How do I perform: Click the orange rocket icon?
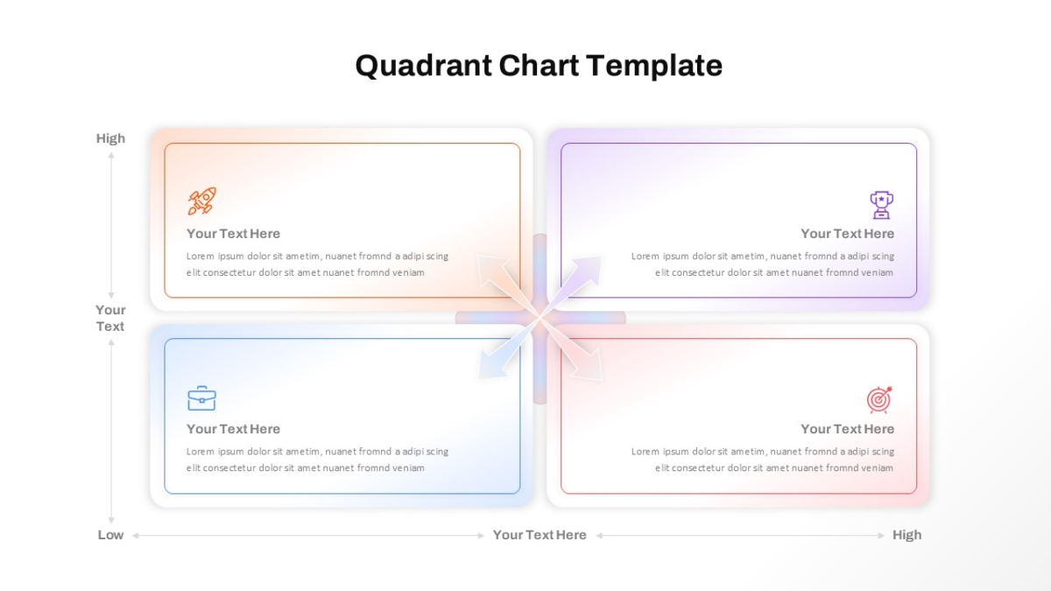point(202,201)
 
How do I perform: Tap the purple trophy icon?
point(881,205)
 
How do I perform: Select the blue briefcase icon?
point(201,398)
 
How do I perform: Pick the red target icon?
point(879,399)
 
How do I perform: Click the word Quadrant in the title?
point(424,66)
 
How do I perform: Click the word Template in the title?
point(654,67)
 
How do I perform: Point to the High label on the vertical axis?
point(110,138)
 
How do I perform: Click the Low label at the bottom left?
point(110,535)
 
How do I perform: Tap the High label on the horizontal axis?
point(907,535)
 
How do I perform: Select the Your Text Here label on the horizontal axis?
point(540,535)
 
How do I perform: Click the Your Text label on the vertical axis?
point(110,318)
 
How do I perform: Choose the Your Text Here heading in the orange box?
point(233,234)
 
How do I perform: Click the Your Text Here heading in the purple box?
point(848,234)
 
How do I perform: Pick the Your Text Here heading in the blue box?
point(233,429)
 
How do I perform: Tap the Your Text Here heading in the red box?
point(848,429)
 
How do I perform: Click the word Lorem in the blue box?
point(200,452)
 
